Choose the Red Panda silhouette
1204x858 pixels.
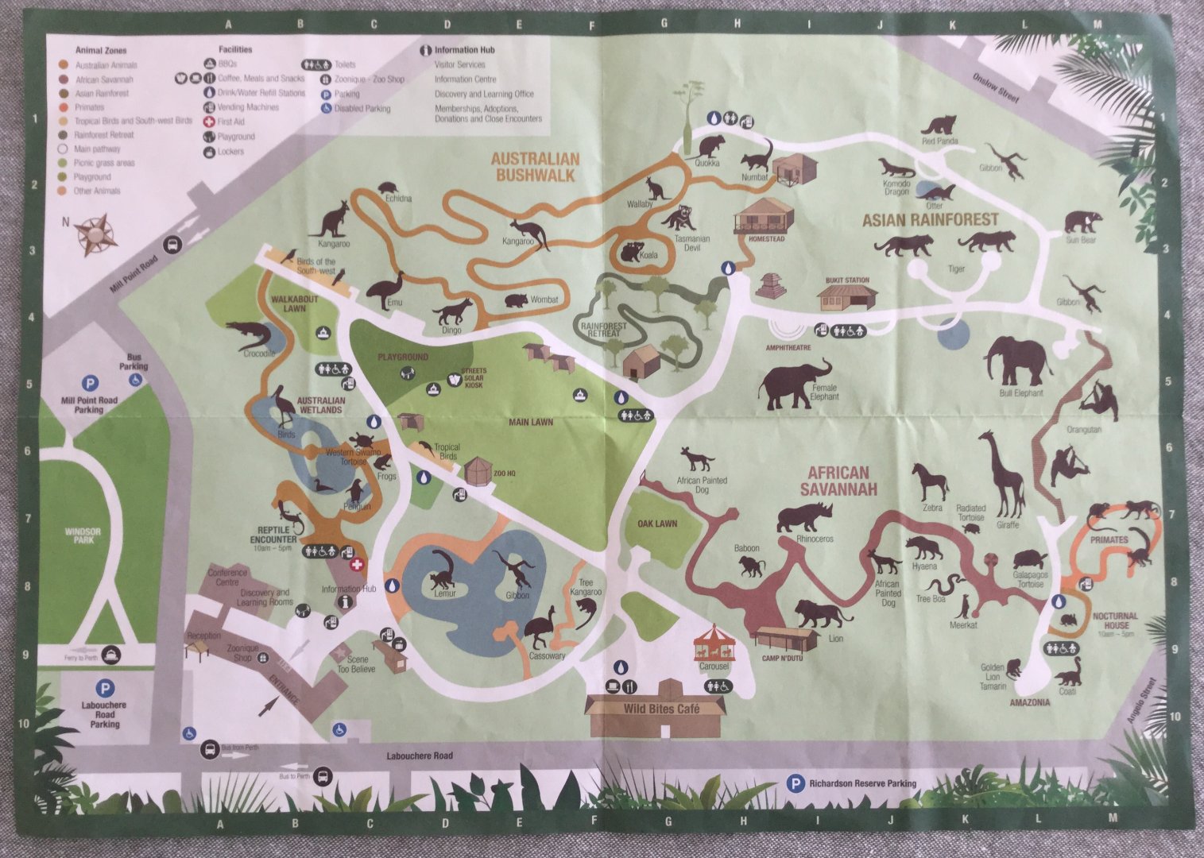[x=941, y=126]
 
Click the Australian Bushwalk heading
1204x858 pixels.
[x=535, y=167]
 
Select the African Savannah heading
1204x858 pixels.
[x=838, y=481]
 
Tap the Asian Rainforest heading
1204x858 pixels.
[x=930, y=219]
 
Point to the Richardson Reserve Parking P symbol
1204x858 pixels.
[x=794, y=783]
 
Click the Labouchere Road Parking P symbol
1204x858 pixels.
[x=103, y=687]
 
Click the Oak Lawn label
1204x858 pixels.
[x=657, y=524]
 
